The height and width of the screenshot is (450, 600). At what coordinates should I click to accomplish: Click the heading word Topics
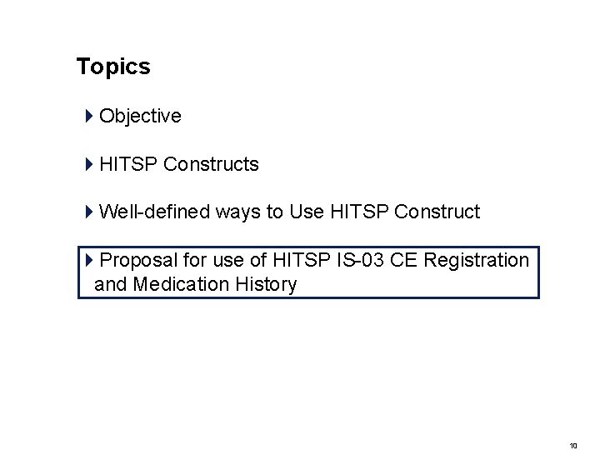(x=113, y=67)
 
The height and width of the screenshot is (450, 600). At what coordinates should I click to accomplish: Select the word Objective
(x=140, y=117)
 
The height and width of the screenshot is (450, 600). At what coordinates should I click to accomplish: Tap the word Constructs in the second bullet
(x=211, y=165)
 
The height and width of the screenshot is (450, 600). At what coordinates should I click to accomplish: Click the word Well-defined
(x=154, y=212)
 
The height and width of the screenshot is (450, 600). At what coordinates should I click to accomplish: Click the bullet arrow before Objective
(x=88, y=117)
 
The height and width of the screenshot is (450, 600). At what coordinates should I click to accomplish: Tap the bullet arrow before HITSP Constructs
(x=88, y=165)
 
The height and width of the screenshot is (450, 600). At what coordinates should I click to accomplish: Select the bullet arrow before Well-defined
(x=88, y=212)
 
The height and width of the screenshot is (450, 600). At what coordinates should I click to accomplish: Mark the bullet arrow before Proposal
(x=90, y=261)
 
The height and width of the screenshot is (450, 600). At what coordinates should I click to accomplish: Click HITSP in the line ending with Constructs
(x=128, y=165)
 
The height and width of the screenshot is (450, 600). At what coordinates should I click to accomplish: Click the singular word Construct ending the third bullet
(x=437, y=212)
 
